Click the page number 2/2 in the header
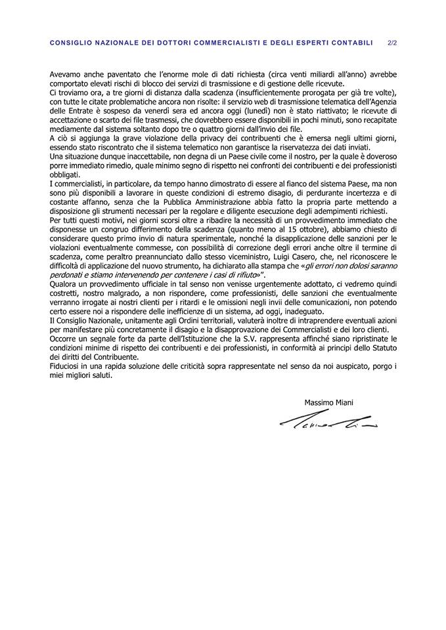393,43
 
